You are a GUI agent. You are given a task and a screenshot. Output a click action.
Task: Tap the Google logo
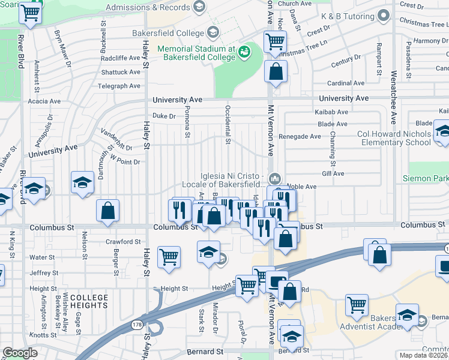click(x=20, y=353)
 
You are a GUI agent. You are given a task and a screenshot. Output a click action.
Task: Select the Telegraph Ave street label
click(x=119, y=86)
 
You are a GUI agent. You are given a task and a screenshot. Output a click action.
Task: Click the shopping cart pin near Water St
click(x=169, y=256)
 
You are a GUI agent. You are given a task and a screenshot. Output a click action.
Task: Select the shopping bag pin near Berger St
click(x=107, y=211)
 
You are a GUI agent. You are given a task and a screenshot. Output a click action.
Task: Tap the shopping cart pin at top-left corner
click(x=31, y=13)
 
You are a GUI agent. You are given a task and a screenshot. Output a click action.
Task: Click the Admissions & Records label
click(x=148, y=7)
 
